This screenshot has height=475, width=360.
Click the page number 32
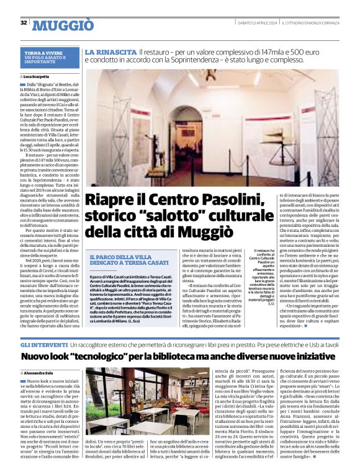tap(23, 23)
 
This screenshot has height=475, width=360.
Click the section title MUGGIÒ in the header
tap(63, 25)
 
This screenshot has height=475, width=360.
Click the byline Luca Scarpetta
tap(41, 76)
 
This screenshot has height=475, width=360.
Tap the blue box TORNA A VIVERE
tap(49, 58)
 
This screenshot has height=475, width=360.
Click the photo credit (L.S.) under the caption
tap(271, 304)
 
